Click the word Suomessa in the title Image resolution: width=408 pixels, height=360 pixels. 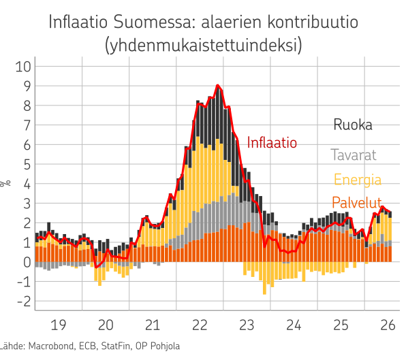coord(153,22)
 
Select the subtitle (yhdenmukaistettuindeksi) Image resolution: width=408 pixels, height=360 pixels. coord(204,45)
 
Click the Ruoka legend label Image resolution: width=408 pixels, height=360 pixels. coord(353,125)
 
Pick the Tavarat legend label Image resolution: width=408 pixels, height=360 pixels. coord(354,155)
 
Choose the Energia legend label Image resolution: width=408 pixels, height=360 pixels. coord(358,180)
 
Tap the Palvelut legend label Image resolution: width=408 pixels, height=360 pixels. coord(357,202)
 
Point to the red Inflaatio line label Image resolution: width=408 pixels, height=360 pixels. coord(272,142)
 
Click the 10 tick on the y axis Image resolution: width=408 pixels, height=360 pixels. coord(23,67)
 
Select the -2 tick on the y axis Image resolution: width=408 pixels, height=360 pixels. coord(24,301)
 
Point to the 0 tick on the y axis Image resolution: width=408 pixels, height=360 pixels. coord(27,262)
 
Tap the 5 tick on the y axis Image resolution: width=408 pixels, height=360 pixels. coord(27,164)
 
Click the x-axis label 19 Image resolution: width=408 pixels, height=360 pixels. coord(59,325)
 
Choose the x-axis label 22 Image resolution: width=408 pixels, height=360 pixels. coord(200,325)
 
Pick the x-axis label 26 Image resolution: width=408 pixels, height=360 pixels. coord(388,325)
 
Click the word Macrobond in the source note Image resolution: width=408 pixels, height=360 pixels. coord(51,346)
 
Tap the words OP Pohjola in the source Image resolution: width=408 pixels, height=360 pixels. coord(158,346)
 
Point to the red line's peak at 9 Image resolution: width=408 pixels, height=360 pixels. coord(218,85)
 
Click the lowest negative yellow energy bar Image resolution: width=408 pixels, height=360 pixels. coord(265,278)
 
